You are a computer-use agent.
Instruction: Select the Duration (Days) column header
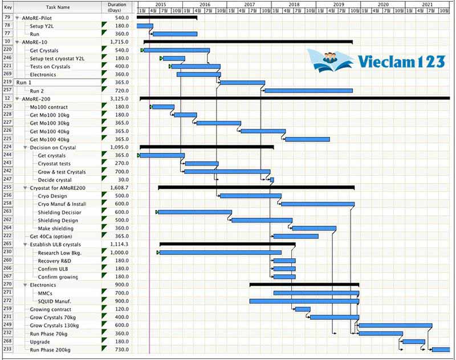117,7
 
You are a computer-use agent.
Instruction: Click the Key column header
7,7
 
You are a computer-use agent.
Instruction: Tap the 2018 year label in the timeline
294,4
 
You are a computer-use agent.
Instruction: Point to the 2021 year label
427,4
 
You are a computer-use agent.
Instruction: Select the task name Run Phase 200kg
56,349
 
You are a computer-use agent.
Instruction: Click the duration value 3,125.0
119,99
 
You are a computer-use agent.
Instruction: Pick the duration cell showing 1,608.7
119,188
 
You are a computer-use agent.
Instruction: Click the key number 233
7,349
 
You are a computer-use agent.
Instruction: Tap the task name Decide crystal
55,180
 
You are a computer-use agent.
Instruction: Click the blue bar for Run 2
308,91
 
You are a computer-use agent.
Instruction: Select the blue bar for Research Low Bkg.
220,252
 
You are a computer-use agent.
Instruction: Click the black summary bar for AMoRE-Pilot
166,18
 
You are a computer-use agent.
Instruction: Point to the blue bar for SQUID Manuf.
304,301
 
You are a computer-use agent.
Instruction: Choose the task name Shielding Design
58,220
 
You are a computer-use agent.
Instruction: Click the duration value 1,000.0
119,252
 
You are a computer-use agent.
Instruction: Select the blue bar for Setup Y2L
144,26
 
